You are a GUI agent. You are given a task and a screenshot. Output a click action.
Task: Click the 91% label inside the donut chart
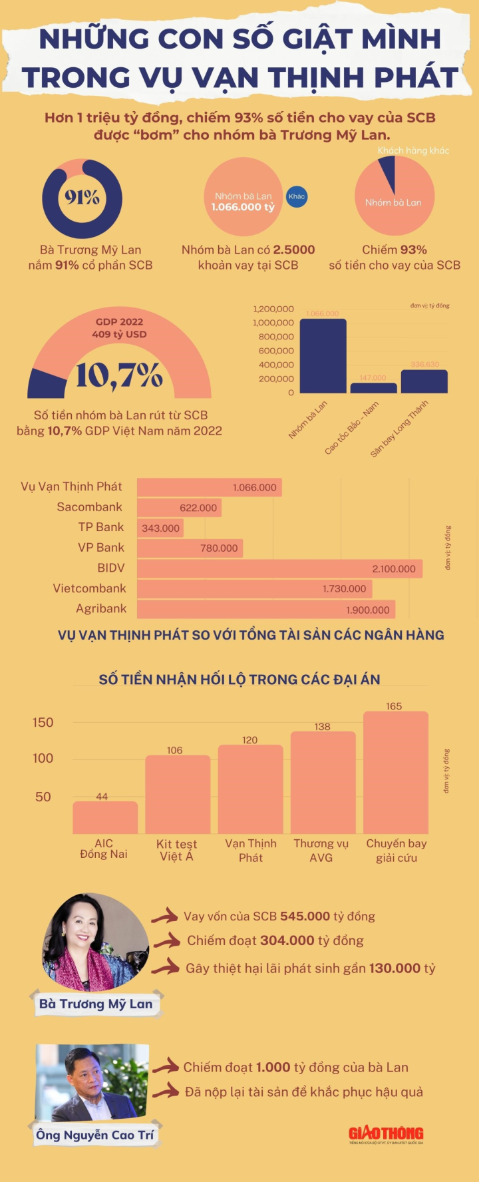pos(82,198)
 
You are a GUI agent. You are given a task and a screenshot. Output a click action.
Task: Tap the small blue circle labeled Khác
pos(297,196)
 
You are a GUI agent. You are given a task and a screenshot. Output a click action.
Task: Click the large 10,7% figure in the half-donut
pos(119,375)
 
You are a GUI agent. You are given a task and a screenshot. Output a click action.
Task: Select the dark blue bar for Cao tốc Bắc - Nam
pos(373,388)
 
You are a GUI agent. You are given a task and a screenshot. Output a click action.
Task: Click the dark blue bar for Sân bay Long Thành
pos(424,381)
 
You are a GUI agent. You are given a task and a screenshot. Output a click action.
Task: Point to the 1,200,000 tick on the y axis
pos(273,309)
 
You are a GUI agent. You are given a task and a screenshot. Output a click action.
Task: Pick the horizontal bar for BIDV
pos(279,568)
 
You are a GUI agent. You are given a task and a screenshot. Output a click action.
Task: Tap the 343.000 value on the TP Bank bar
pos(160,528)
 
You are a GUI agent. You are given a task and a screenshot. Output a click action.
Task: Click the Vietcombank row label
pos(90,588)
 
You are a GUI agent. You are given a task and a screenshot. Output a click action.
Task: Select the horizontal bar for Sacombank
pos(179,508)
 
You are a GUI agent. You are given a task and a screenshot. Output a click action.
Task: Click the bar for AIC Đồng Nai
pos(105,817)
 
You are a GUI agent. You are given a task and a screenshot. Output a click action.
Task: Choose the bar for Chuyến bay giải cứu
pos(396,772)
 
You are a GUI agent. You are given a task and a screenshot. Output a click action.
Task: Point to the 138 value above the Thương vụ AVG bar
pos(323,727)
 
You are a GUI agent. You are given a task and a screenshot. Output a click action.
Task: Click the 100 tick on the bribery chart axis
pos(43,758)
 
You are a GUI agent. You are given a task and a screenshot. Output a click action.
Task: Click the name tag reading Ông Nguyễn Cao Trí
pos(95,1135)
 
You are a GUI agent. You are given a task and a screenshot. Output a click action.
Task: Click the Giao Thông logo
pos(386,1134)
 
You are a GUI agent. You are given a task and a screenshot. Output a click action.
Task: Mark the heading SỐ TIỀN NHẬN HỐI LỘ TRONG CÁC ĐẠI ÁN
pos(239,680)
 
